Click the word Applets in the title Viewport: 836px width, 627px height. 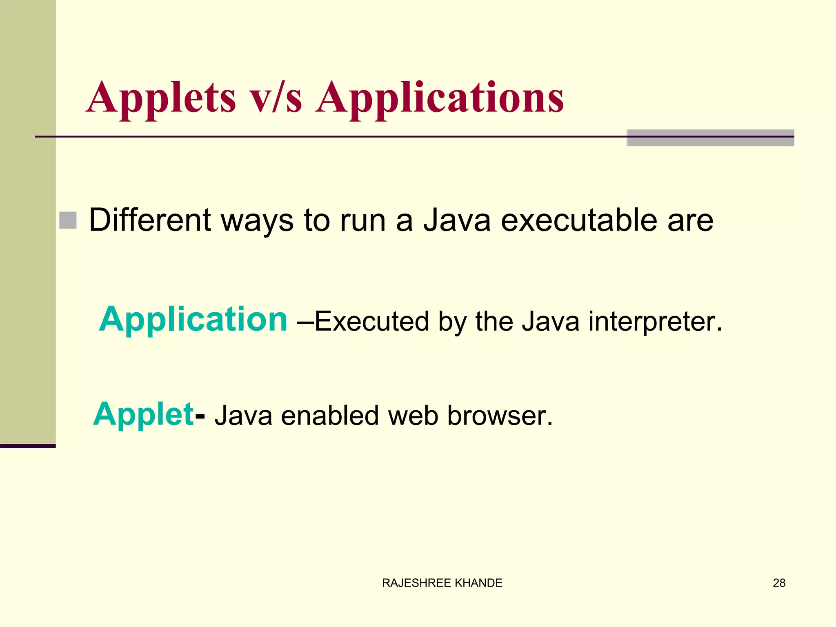161,98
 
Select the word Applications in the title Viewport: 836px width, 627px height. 440,98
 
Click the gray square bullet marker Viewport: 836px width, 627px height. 68,220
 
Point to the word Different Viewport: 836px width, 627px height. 150,220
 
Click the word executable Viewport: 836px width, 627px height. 579,220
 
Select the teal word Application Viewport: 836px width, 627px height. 193,319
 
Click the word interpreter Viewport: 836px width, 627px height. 655,322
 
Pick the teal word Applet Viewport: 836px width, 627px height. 143,415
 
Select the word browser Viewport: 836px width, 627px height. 500,416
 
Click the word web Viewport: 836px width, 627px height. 413,416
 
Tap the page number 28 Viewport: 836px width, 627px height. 779,583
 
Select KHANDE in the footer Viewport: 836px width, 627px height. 478,583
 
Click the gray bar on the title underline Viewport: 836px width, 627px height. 710,138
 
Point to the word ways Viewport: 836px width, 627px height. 257,220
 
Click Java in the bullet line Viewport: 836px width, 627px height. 456,220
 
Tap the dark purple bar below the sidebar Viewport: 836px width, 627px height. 28,446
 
